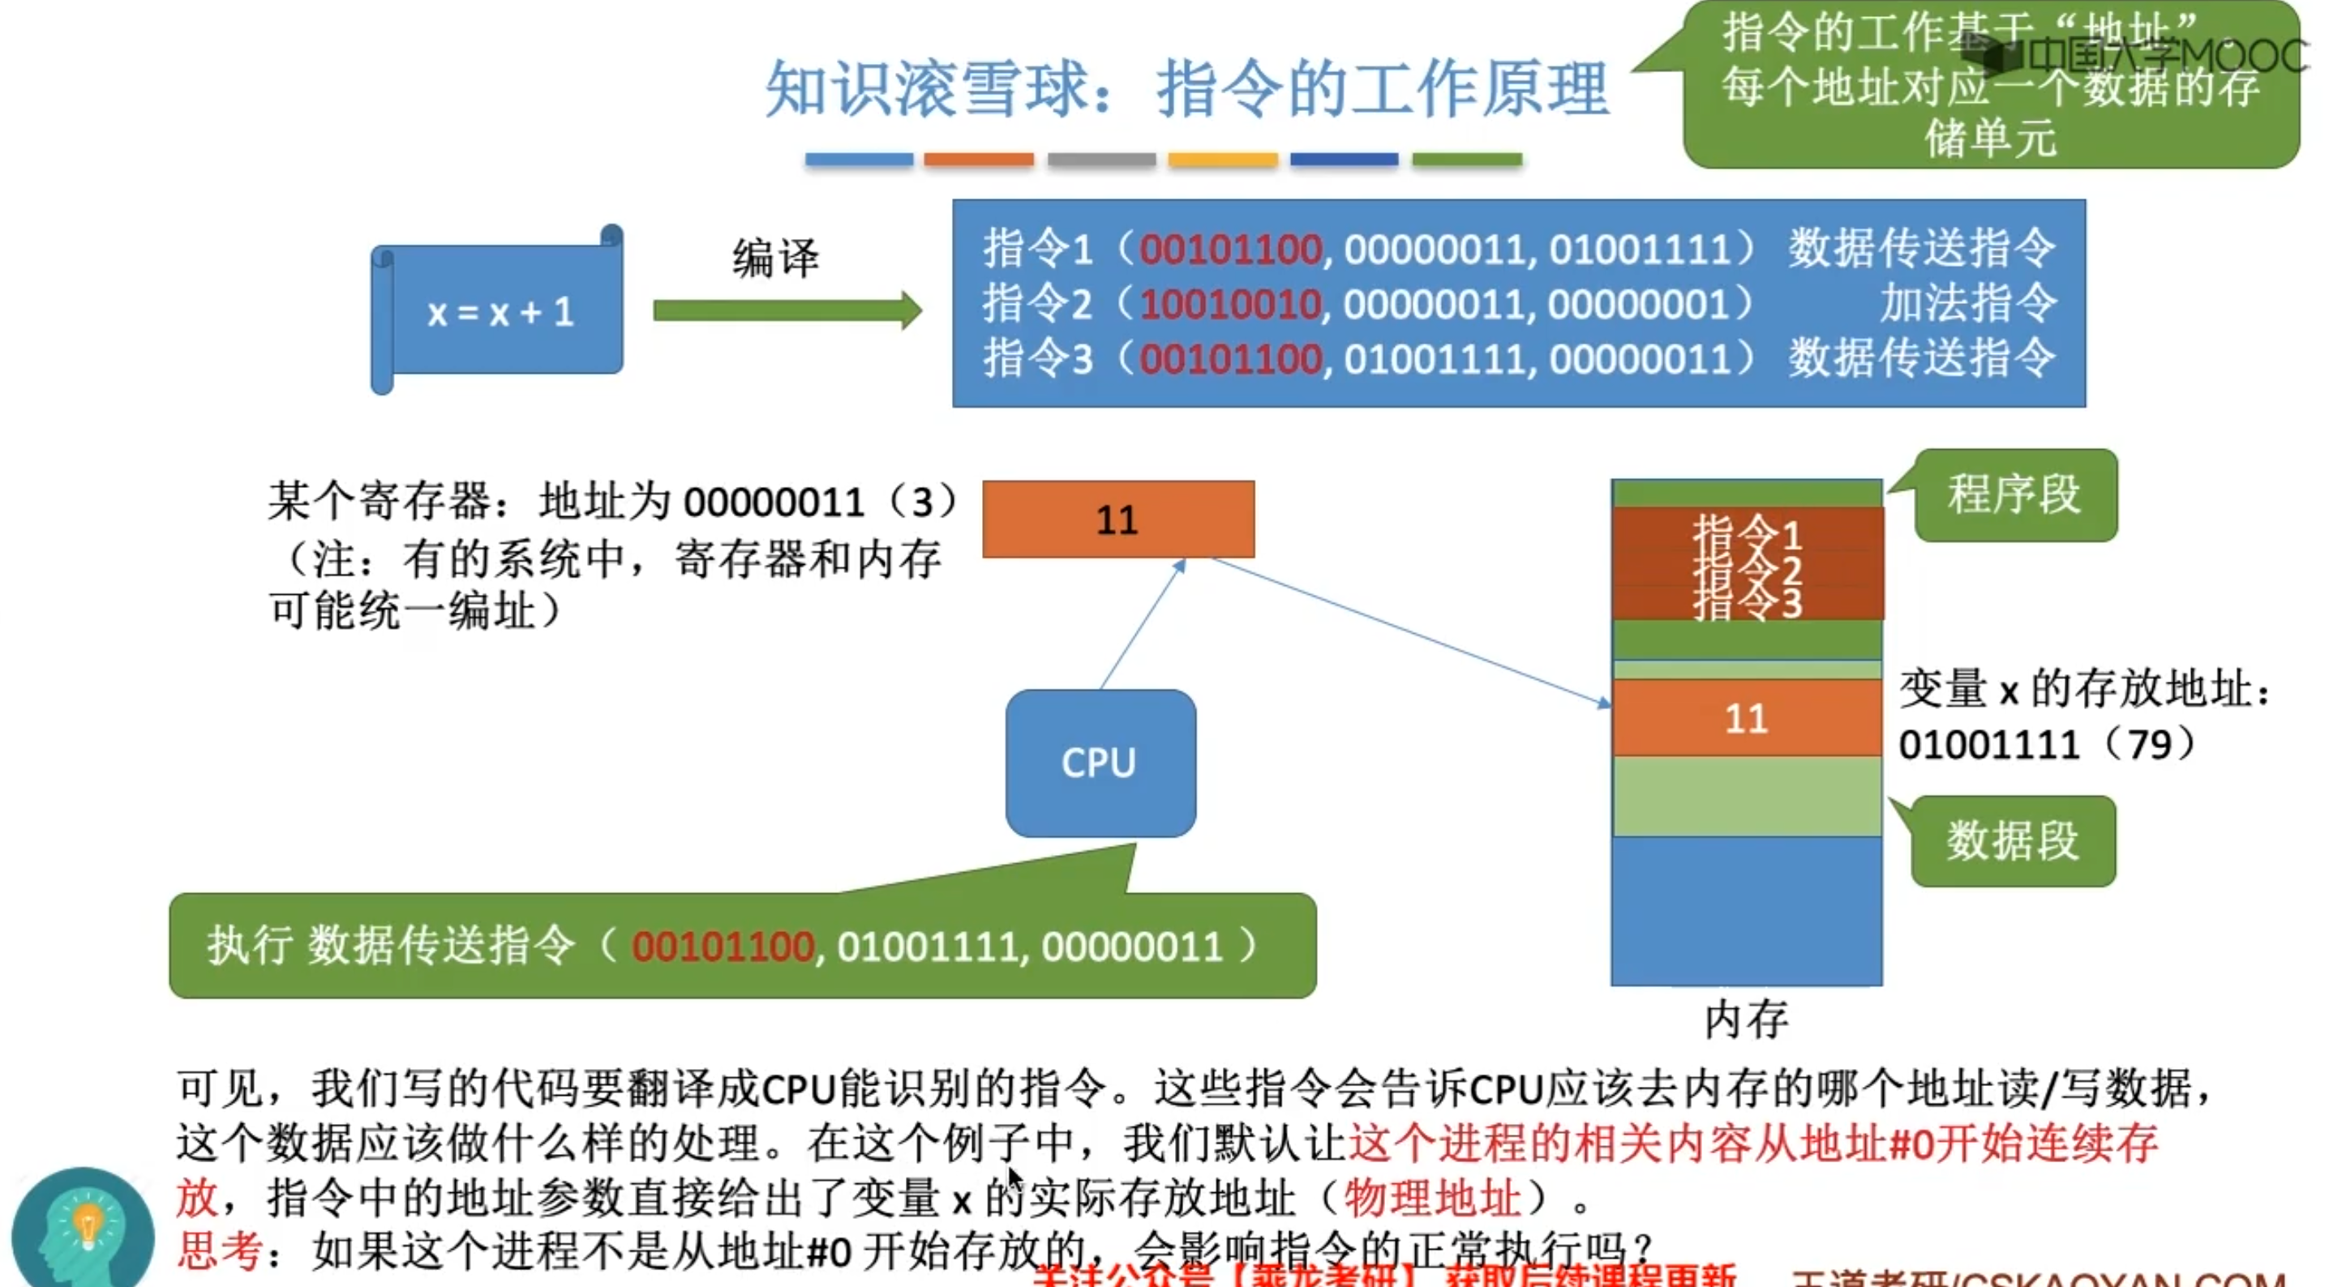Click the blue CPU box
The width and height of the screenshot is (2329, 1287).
[1100, 763]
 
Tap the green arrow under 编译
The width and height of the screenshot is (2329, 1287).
[787, 311]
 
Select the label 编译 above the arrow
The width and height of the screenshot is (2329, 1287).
[774, 259]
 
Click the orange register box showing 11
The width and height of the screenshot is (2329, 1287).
[1117, 520]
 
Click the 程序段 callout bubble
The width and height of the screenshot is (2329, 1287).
[2014, 495]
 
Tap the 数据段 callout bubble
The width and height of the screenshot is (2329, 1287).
[2013, 840]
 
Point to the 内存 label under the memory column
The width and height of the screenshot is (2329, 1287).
[1746, 1020]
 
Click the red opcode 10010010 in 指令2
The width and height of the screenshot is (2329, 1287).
[1229, 305]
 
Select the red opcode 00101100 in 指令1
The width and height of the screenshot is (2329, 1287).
[1229, 250]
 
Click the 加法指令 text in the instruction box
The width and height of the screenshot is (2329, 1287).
[1967, 303]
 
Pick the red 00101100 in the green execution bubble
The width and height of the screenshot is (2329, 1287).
[723, 947]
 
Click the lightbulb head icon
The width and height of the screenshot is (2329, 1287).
[84, 1229]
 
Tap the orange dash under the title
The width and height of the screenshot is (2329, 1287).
[978, 160]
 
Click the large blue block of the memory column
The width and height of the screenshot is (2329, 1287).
[1746, 910]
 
